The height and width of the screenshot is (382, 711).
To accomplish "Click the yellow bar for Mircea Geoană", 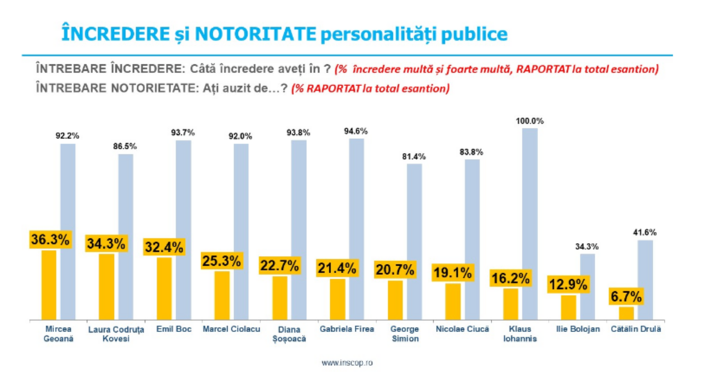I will click(x=49, y=285).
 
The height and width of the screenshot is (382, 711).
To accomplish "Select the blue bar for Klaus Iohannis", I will click(x=529, y=222).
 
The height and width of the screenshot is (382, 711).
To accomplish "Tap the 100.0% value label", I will click(x=529, y=121).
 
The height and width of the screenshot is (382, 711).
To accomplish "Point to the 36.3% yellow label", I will click(x=49, y=239).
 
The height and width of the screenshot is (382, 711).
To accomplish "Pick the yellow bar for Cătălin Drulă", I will click(x=627, y=313).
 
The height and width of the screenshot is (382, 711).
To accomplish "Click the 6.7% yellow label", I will click(x=626, y=296).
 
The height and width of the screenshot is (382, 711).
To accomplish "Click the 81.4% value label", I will click(x=414, y=156).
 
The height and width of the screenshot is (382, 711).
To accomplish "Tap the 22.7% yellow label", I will click(x=279, y=265).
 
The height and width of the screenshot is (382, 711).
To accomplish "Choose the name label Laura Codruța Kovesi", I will click(x=106, y=333).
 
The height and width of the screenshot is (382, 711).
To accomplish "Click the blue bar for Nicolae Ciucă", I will click(x=472, y=240).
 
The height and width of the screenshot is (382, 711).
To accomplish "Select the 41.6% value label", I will click(x=644, y=232).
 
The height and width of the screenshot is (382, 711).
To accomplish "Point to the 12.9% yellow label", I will click(x=568, y=284).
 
